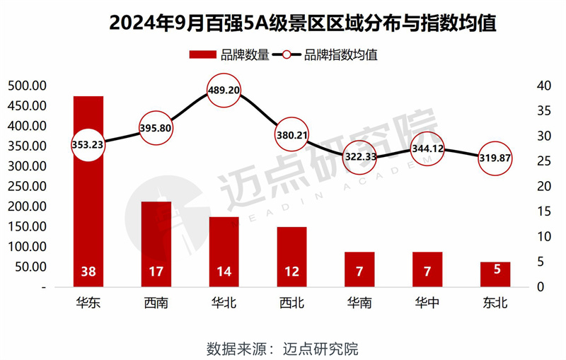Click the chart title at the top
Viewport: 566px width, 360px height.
click(283, 23)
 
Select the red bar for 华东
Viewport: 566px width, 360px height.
click(88, 191)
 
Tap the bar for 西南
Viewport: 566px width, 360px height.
click(156, 244)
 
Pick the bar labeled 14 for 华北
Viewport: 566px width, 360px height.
click(224, 252)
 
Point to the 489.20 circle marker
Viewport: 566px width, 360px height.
click(224, 91)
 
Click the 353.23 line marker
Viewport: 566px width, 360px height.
click(88, 144)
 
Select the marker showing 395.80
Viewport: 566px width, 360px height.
click(156, 128)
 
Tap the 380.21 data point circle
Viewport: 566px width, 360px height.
click(291, 134)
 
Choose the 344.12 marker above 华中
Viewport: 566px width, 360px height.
click(427, 149)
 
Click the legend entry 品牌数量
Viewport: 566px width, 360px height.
click(231, 55)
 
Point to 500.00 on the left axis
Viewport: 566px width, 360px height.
click(27, 86)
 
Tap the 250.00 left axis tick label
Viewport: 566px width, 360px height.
click(27, 187)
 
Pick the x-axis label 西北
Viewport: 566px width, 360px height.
click(291, 304)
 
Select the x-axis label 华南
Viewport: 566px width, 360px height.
click(359, 304)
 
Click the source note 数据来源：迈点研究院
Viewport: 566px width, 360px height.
click(283, 348)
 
